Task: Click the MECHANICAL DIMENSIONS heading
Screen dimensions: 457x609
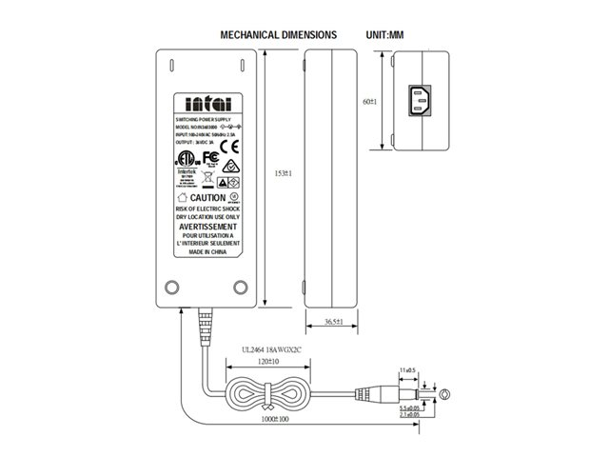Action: (278, 34)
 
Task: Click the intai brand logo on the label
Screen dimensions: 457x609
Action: (207, 104)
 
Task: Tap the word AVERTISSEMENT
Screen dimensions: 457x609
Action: (206, 228)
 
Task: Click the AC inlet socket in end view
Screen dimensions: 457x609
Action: (416, 101)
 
